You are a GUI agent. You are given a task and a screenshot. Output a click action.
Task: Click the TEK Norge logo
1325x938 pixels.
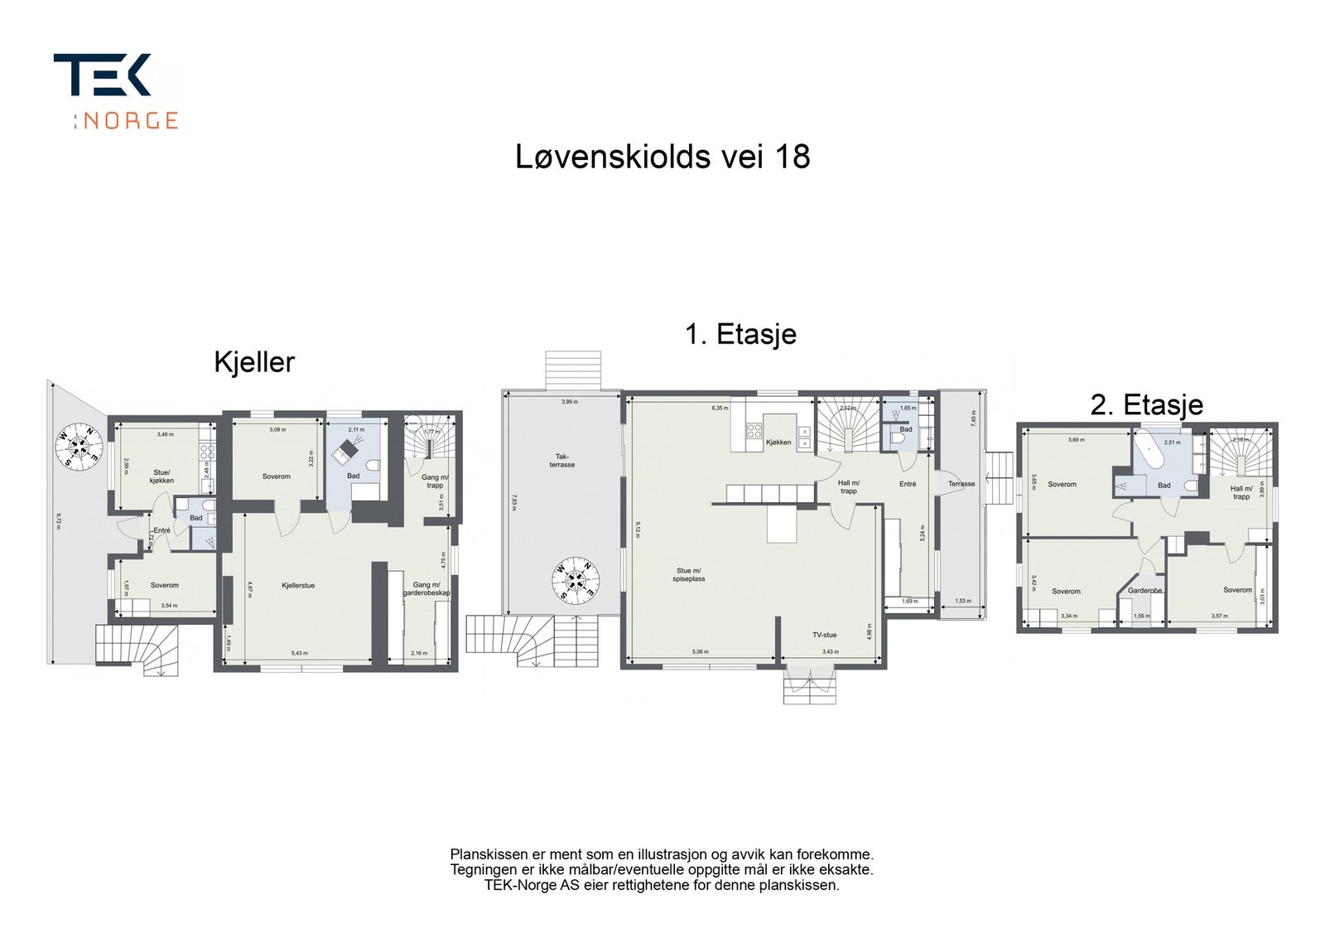click(x=116, y=91)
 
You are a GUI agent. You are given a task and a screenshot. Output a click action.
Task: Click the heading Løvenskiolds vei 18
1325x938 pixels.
click(x=662, y=157)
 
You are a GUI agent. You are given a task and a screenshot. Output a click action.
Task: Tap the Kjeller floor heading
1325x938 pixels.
click(x=254, y=362)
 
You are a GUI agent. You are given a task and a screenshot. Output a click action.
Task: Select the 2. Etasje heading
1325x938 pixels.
click(x=1146, y=405)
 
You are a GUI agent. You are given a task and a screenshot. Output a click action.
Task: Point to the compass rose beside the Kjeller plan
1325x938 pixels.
click(x=79, y=447)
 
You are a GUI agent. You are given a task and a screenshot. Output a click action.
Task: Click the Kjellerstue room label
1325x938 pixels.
click(x=298, y=586)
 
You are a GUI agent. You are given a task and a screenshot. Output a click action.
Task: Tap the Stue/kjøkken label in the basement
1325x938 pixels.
click(x=162, y=476)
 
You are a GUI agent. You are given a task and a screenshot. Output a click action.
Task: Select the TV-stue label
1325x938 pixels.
click(x=824, y=635)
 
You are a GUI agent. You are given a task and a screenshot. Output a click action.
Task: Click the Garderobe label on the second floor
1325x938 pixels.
click(x=1144, y=591)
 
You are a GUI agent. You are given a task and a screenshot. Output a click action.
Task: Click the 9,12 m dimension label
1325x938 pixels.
click(x=638, y=529)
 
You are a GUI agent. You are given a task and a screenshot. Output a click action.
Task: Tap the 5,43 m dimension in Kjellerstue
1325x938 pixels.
click(x=299, y=653)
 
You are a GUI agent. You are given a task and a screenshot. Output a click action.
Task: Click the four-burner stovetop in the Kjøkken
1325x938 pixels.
click(x=754, y=431)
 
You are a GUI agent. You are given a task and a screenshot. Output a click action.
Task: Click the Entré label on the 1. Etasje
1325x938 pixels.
click(x=908, y=484)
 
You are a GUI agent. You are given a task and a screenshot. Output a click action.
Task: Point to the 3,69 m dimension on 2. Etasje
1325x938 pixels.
click(x=1076, y=440)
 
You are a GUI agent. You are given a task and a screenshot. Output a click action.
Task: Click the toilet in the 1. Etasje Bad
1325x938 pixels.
click(x=894, y=439)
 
